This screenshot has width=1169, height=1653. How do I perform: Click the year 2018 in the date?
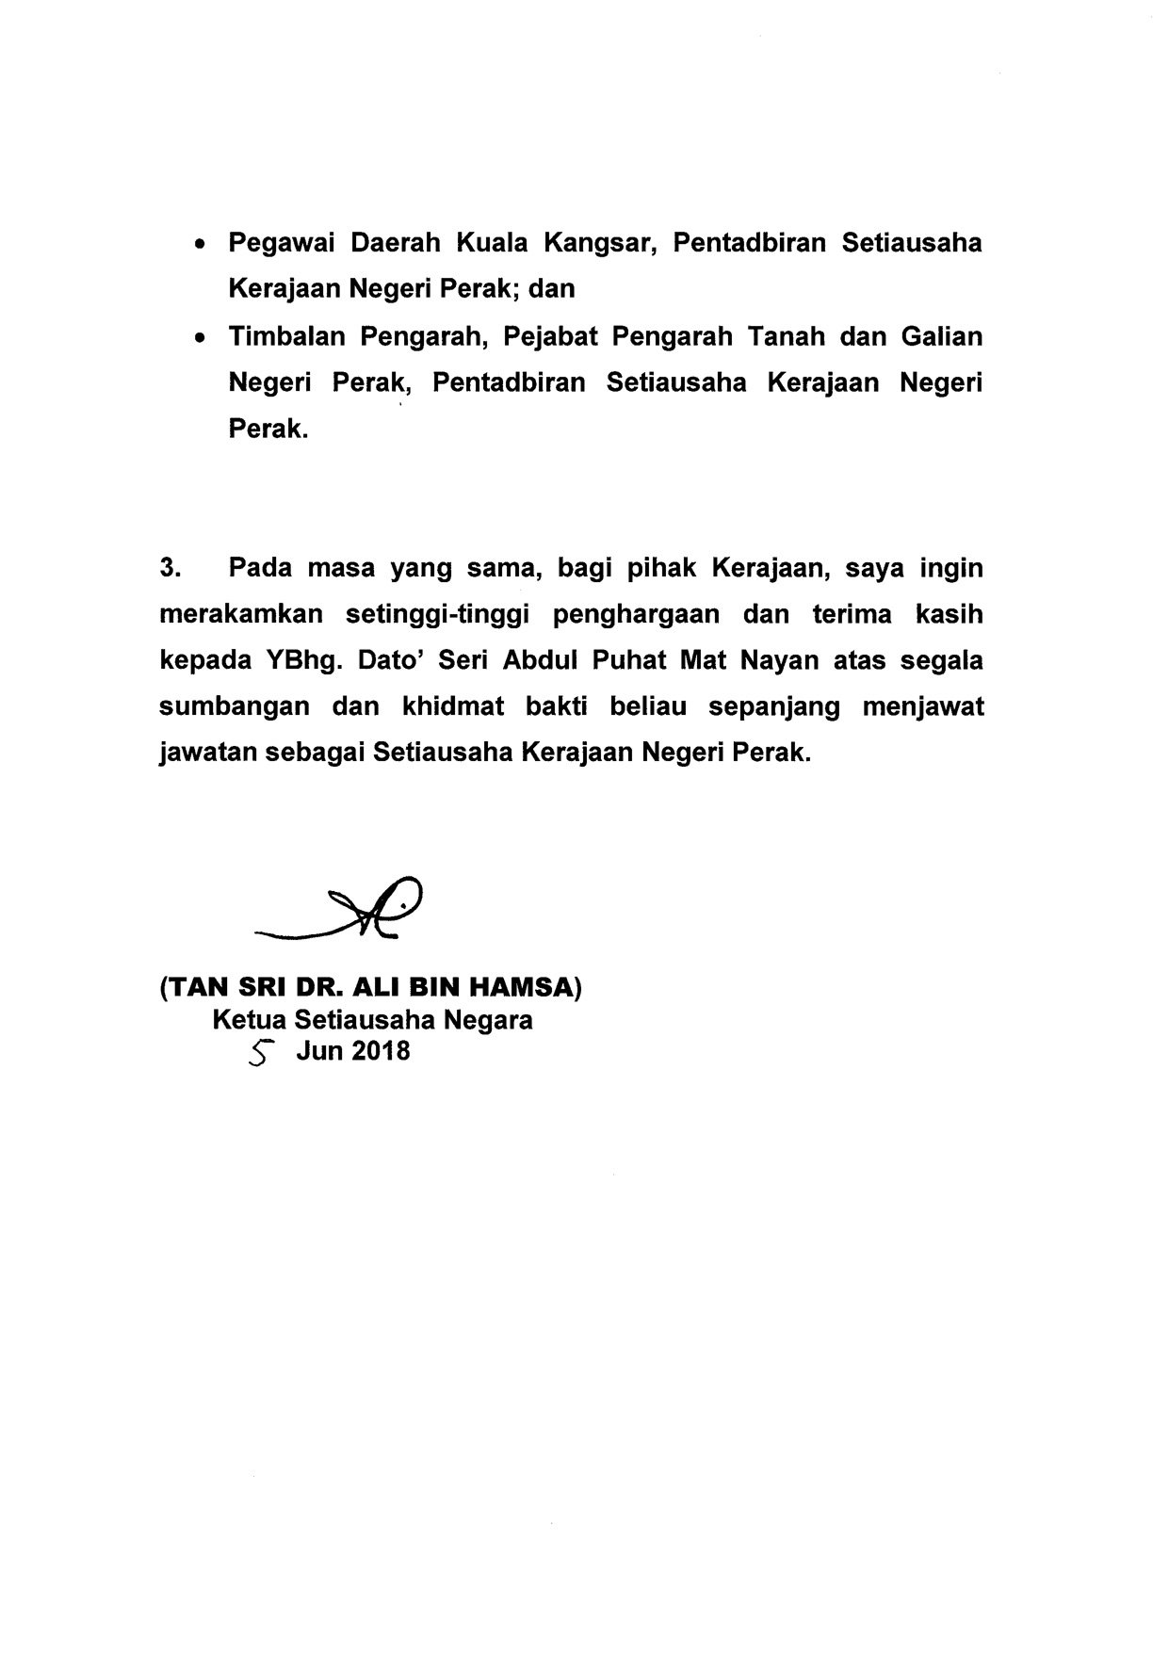(x=381, y=1051)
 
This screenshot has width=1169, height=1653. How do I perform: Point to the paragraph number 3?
(x=170, y=568)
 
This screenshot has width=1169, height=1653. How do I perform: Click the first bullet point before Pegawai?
(x=199, y=245)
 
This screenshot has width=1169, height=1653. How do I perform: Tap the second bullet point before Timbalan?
(x=199, y=338)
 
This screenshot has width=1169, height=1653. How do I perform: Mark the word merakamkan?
(x=241, y=614)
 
